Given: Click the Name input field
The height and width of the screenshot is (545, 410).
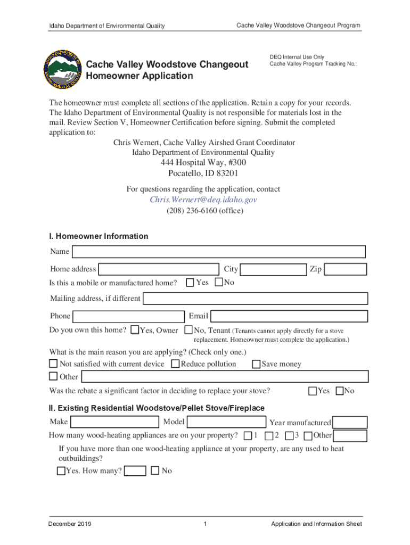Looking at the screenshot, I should (x=218, y=252).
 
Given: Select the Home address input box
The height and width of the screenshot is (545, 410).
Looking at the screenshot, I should (x=159, y=269).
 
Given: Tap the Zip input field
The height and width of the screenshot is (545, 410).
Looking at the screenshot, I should (x=345, y=269).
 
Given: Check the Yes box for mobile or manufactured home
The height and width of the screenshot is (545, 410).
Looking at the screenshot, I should (x=190, y=283).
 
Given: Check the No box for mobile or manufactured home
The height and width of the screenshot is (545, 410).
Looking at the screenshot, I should (x=218, y=283).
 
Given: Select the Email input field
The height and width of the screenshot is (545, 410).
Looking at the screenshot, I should (x=288, y=316).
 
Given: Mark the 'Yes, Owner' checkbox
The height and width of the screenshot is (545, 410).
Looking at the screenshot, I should (x=135, y=331).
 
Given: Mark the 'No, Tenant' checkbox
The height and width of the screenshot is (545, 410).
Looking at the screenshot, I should (x=188, y=331).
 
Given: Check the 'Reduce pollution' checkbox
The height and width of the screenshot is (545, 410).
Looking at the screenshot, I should (x=175, y=364).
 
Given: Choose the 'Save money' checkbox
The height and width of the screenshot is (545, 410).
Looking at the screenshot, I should (x=256, y=364).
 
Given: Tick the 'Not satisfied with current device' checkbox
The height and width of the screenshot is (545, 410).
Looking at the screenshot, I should (x=53, y=364).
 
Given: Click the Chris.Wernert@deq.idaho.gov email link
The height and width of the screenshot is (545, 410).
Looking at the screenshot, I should (x=203, y=200).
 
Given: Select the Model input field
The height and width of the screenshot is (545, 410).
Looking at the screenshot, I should (x=227, y=422).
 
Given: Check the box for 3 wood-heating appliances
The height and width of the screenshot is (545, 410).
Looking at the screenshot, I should (x=289, y=436).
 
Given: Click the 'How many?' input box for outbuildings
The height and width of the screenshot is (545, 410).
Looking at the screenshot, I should (x=135, y=471).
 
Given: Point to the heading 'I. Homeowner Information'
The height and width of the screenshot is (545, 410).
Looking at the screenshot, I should (x=99, y=236).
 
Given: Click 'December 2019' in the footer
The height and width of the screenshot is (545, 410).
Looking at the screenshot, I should (x=70, y=524).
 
